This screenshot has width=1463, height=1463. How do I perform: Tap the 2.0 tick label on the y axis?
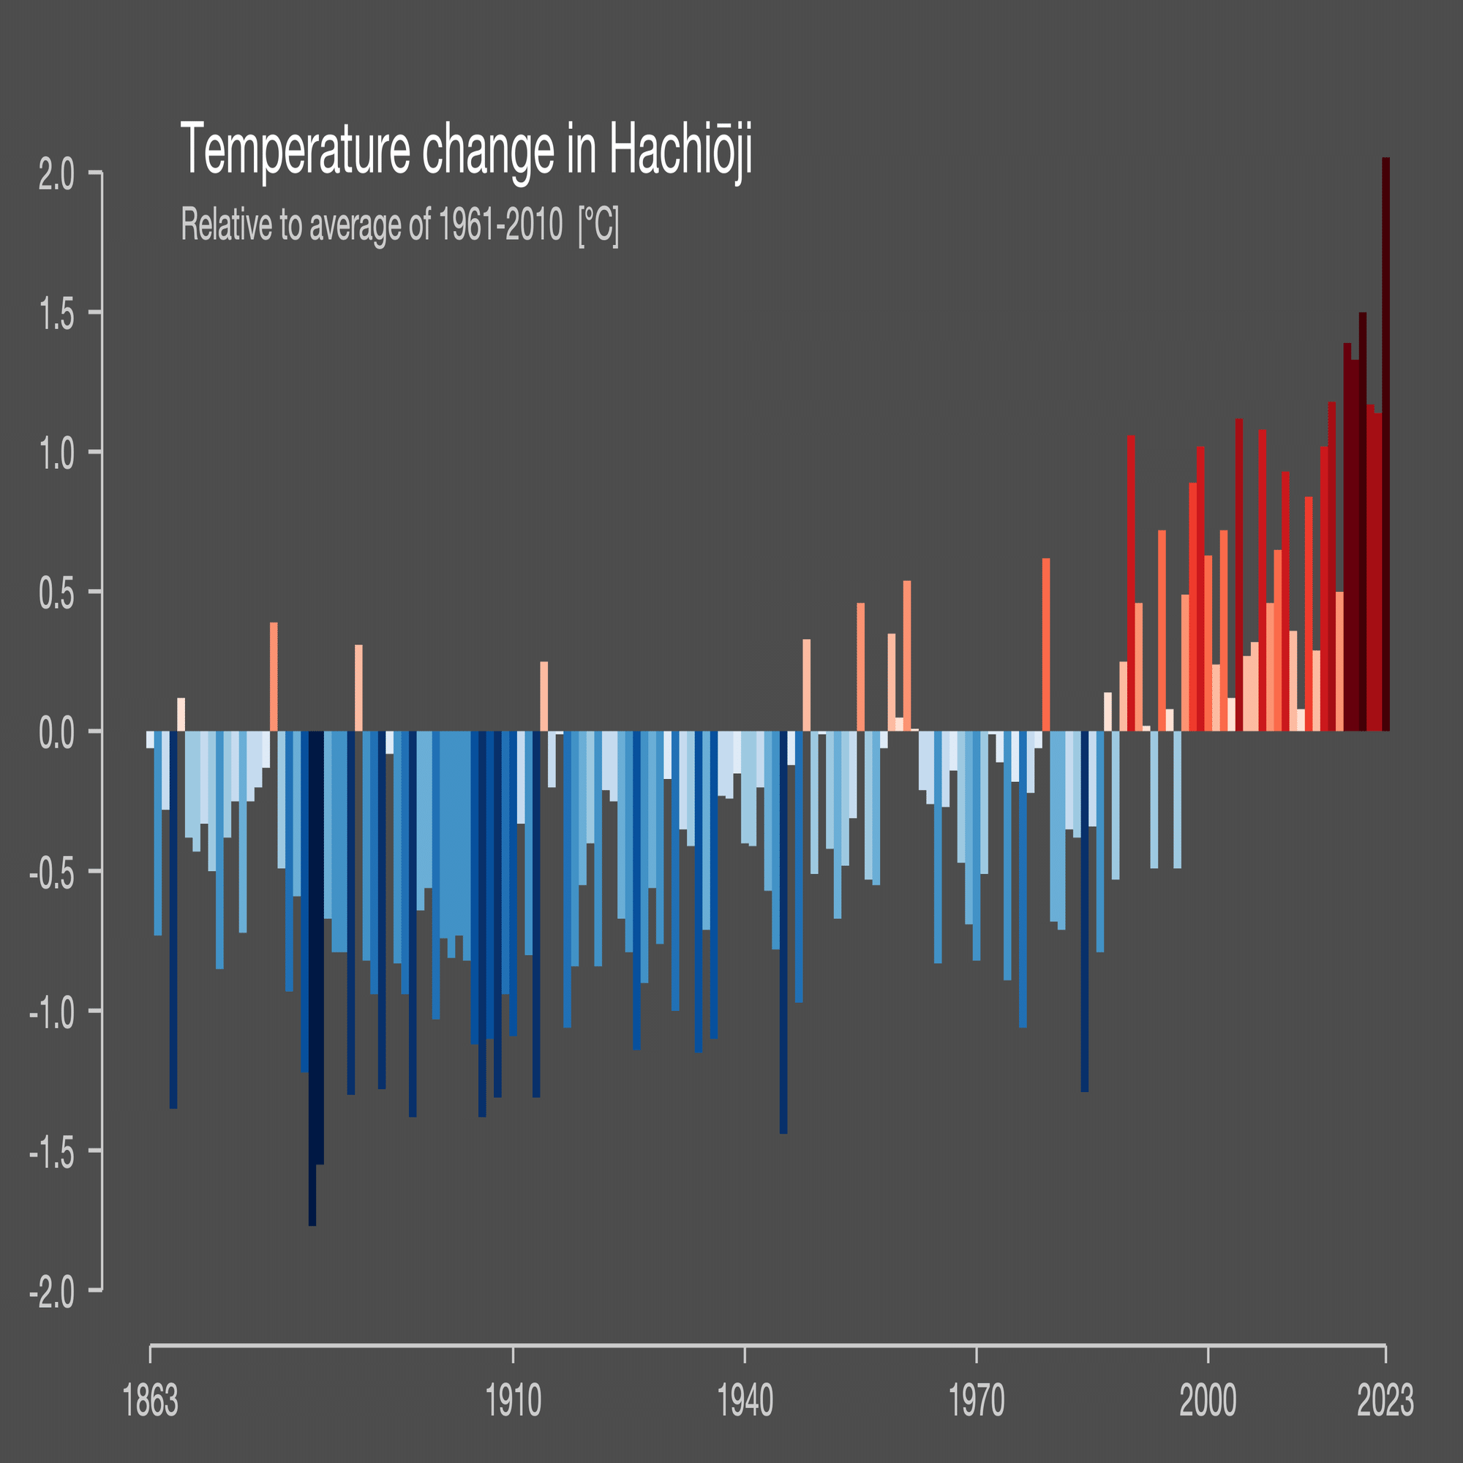57,176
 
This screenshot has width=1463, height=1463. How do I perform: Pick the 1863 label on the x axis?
150,1401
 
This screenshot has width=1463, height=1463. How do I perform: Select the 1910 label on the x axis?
514,1401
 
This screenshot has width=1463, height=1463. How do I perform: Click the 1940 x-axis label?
745,1401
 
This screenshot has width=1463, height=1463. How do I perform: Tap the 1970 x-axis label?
977,1401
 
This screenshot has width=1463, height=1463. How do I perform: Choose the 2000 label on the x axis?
1208,1401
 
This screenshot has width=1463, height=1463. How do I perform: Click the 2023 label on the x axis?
1385,1401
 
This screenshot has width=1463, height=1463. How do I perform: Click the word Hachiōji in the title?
680,149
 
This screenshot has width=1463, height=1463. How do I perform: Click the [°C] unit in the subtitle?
598,224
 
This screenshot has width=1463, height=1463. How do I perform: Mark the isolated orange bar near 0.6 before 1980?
1046,644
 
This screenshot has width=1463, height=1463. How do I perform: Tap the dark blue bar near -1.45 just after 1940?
783,931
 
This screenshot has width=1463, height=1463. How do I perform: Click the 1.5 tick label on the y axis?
57,317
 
